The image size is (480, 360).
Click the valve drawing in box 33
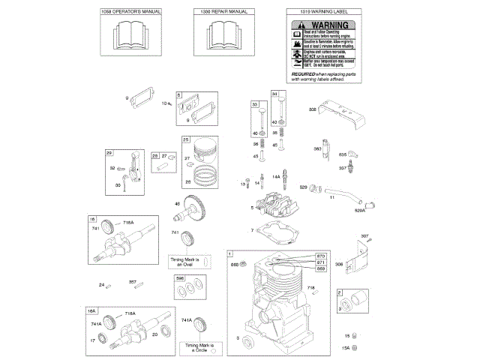coord(256,119)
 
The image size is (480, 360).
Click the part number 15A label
coord(347,348)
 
